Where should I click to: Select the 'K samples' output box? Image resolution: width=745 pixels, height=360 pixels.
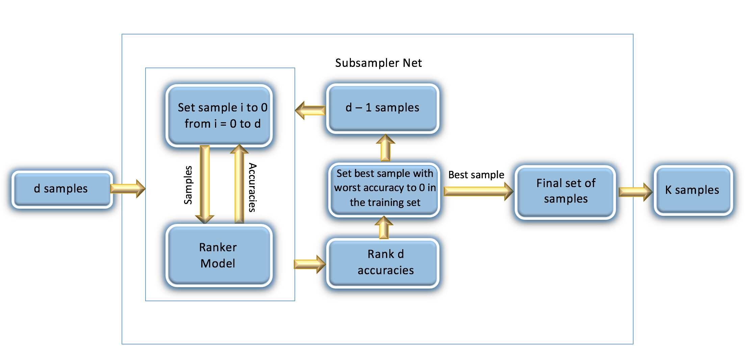(x=693, y=190)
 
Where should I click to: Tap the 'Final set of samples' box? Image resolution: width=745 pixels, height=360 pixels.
(x=565, y=192)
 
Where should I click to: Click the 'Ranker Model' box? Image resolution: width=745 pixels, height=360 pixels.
(x=219, y=255)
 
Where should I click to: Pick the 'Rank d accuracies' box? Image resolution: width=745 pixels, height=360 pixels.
(x=383, y=263)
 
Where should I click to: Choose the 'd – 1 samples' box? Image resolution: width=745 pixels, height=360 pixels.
(x=383, y=108)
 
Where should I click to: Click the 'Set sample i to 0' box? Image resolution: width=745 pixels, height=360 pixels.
(x=219, y=115)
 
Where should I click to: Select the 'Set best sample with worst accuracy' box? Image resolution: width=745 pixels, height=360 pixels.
(x=384, y=189)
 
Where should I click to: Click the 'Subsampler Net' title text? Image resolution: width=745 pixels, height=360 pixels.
(x=378, y=63)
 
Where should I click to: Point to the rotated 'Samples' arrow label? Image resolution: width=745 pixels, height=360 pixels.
(x=188, y=185)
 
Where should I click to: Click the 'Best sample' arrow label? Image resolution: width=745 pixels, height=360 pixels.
(x=476, y=175)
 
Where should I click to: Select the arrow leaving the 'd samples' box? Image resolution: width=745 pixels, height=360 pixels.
(x=128, y=188)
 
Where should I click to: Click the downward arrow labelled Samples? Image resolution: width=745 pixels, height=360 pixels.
(x=205, y=184)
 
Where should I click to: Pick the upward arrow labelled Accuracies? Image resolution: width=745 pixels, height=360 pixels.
(x=239, y=184)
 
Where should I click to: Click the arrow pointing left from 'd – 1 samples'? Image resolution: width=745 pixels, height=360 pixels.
(x=310, y=110)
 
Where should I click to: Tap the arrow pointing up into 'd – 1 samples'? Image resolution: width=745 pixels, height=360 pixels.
(x=385, y=148)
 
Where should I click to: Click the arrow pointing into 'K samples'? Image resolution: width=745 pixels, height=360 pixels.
(x=636, y=192)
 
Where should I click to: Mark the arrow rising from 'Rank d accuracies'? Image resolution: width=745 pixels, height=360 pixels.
(x=384, y=227)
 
